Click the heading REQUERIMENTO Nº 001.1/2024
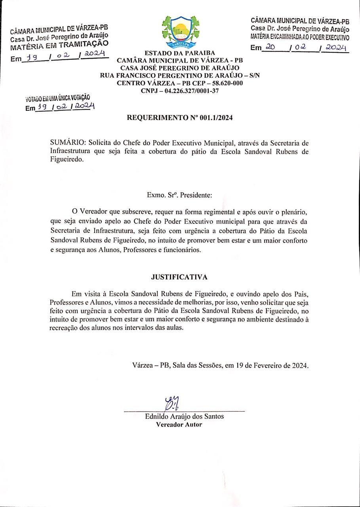coord(180,118)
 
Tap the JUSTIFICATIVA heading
coord(179,277)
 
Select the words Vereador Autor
coord(179,425)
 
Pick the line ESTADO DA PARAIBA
coord(180,53)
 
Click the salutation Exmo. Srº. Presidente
coord(179,195)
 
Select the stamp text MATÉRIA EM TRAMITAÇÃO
coord(59,46)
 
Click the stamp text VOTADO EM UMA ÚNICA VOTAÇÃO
coord(58,98)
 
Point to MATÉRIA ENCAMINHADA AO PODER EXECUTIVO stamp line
coord(300,38)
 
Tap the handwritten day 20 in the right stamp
coord(270,47)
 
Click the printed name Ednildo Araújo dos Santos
coord(185,416)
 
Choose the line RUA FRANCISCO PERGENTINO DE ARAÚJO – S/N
coord(180,76)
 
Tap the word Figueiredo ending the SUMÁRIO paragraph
coord(67,160)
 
